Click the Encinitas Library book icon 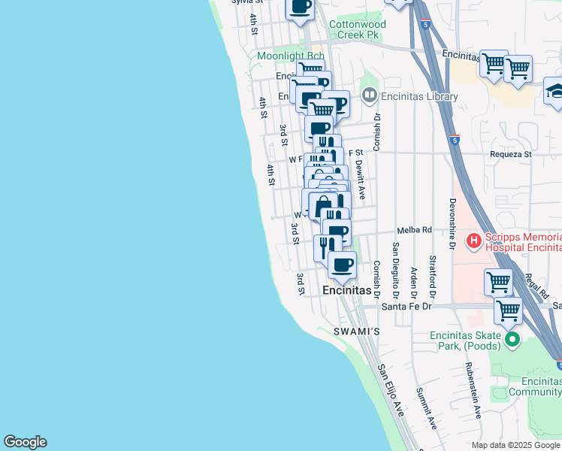click(x=369, y=95)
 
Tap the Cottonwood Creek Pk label click(x=358, y=29)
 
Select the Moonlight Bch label click(x=290, y=56)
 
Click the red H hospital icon click(x=474, y=241)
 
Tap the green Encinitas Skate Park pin click(x=513, y=340)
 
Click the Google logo click(x=25, y=442)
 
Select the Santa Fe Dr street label click(x=407, y=306)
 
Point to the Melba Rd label click(x=415, y=230)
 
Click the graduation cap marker click(x=554, y=91)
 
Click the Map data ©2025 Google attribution click(x=515, y=445)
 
